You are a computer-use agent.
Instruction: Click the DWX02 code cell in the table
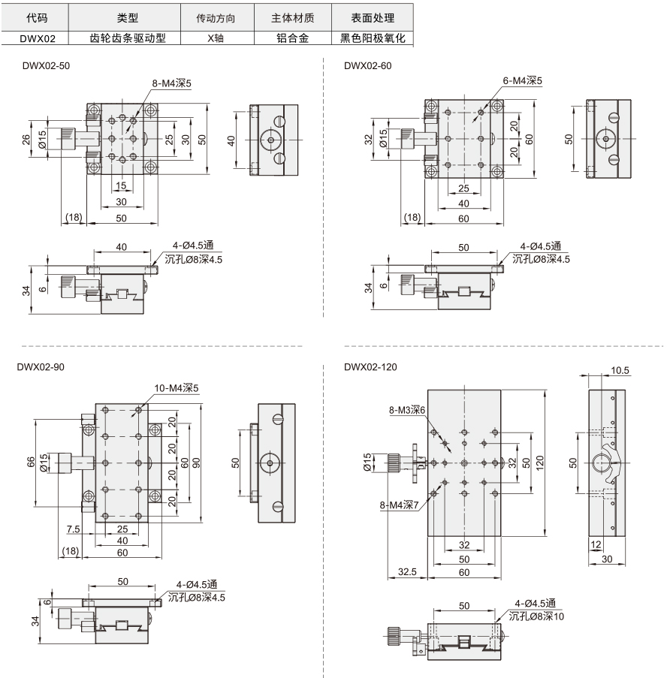coord(38,38)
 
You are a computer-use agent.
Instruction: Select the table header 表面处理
coord(373,18)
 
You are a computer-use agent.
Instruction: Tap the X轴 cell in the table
coord(216,38)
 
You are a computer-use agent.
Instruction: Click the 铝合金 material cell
coord(292,38)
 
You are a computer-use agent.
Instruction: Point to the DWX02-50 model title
coord(46,66)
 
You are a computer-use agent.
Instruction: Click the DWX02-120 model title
coord(370,367)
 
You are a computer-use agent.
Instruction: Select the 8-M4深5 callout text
coord(172,83)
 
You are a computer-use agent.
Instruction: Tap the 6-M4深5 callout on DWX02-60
coord(522,80)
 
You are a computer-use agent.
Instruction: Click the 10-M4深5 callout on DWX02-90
coord(177,388)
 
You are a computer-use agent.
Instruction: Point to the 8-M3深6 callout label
coord(407,409)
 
